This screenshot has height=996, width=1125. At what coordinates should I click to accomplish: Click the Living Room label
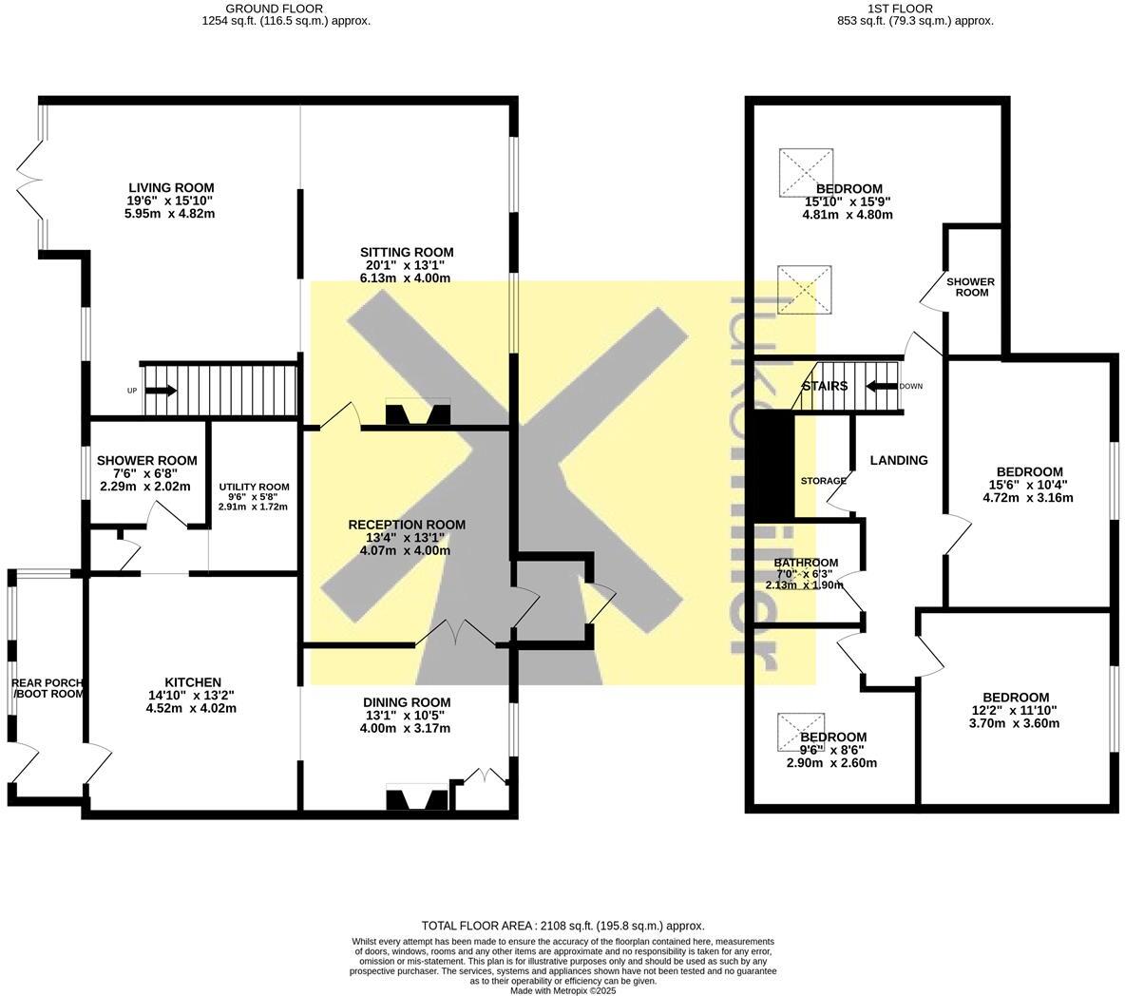(171, 188)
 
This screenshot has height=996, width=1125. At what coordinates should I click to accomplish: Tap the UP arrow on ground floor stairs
(160, 391)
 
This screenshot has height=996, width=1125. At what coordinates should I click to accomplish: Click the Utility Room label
(254, 487)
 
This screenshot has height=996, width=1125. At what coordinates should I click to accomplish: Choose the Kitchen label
(193, 682)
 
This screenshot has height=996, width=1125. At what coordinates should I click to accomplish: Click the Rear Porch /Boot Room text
(48, 688)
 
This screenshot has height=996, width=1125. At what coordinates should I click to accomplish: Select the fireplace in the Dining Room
(417, 799)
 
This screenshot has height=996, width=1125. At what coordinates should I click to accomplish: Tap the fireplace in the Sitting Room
(418, 414)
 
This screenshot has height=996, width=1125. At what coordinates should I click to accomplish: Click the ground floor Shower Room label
(146, 461)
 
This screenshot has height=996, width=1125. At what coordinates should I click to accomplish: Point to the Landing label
(899, 460)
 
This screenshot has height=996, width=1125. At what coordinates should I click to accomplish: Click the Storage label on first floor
(823, 481)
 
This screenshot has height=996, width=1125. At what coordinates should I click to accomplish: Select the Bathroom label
(806, 563)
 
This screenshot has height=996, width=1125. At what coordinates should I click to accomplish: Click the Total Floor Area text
(562, 926)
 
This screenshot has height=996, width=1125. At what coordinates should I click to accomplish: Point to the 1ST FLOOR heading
(903, 8)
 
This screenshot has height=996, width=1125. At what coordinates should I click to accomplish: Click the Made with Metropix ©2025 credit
(562, 990)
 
